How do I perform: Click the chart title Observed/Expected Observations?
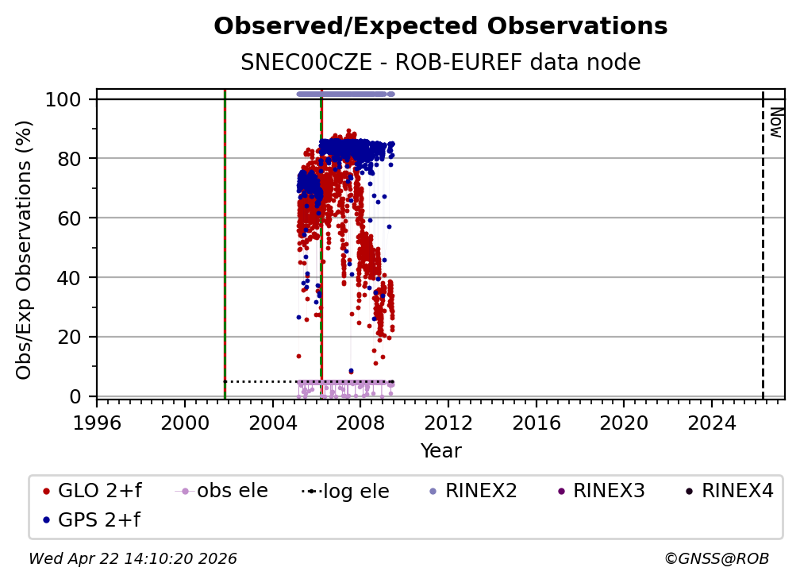click(x=440, y=27)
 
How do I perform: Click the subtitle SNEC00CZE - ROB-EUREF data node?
click(x=440, y=63)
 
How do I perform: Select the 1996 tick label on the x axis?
click(x=97, y=423)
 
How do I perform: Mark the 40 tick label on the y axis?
click(x=71, y=277)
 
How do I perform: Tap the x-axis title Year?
click(x=440, y=451)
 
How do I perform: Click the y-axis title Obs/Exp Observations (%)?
click(x=25, y=249)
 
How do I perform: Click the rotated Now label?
click(x=775, y=122)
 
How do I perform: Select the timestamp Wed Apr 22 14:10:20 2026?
click(x=133, y=559)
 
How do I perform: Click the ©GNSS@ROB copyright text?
click(x=717, y=559)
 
